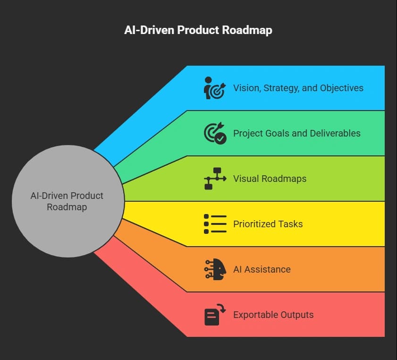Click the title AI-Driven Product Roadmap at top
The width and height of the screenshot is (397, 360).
[198, 30]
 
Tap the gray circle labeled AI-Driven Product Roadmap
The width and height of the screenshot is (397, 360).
[68, 201]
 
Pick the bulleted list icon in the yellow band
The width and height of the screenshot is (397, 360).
[215, 224]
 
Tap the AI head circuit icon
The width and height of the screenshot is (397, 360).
[215, 269]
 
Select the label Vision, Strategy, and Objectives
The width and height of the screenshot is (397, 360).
[298, 88]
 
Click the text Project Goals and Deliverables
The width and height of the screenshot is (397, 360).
[297, 133]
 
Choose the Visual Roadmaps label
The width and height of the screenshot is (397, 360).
[270, 179]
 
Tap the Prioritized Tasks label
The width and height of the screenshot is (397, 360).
[268, 224]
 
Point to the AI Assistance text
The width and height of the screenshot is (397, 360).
[262, 269]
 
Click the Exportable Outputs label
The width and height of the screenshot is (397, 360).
[273, 315]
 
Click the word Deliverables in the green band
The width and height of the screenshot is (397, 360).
[335, 133]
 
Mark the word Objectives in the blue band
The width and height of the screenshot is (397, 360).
[342, 88]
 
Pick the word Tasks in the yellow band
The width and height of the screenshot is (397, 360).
[291, 224]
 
